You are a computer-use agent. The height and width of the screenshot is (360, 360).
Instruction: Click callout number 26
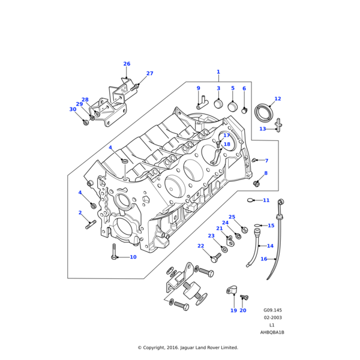click(x=127, y=64)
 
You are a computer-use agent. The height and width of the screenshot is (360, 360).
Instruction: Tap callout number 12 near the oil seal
click(x=277, y=99)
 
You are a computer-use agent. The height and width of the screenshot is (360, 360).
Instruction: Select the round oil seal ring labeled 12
click(x=263, y=112)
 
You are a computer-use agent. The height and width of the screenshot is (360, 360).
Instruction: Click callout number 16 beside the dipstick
click(x=263, y=259)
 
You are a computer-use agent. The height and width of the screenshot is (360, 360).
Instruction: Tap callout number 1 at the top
click(x=218, y=72)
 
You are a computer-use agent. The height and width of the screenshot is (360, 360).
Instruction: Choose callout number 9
click(x=199, y=89)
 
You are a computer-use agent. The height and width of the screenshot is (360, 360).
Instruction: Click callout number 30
click(x=73, y=110)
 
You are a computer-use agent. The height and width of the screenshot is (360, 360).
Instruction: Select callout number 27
click(x=150, y=74)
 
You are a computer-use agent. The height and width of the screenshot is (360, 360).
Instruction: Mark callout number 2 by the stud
click(x=80, y=213)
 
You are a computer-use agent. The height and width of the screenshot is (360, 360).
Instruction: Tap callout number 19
click(x=233, y=311)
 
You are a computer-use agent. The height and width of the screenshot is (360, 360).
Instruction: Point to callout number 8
click(x=266, y=173)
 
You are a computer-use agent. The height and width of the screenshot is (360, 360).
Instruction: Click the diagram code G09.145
click(x=272, y=311)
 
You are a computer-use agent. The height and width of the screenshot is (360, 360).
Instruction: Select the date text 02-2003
click(x=272, y=318)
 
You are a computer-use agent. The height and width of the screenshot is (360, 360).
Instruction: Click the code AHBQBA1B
click(x=272, y=332)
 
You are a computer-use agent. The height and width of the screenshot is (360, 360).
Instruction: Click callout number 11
click(x=266, y=200)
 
